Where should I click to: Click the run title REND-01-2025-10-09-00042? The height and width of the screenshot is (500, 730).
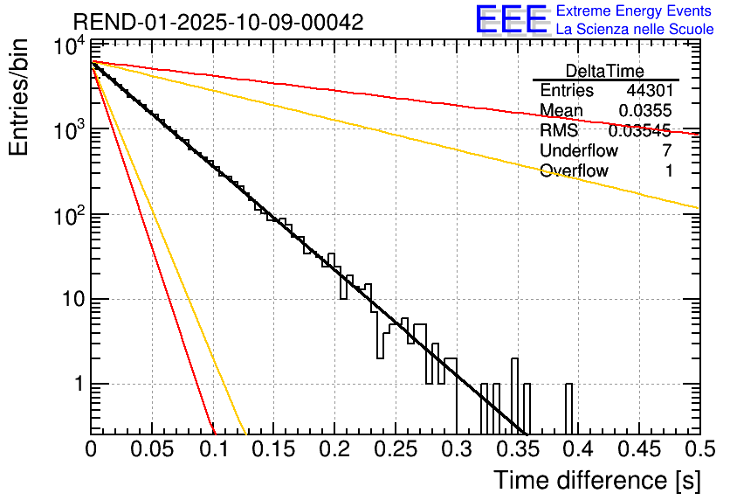point(218,23)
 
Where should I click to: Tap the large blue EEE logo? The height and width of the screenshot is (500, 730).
point(510,20)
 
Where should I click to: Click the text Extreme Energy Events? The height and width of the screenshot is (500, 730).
point(635,11)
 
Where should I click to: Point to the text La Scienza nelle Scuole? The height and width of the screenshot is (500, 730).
point(635,29)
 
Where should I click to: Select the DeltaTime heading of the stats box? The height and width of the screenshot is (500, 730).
point(605,71)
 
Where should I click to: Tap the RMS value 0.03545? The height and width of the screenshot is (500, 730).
point(639,131)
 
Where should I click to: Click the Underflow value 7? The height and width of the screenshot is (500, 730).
point(667,150)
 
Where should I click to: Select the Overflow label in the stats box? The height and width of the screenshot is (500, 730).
point(574,170)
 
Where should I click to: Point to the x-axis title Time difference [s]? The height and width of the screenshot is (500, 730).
point(596,480)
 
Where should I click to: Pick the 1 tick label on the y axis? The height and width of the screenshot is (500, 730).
point(76,385)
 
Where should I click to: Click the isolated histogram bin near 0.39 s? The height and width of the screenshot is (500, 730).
point(568,408)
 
